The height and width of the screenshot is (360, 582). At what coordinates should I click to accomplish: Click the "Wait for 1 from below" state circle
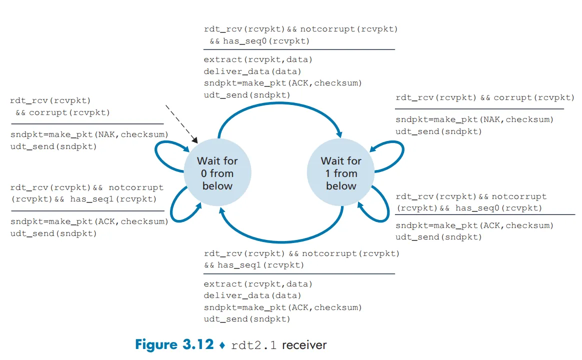coord(341,173)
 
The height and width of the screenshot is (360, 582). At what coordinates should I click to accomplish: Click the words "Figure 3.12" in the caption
coord(174,344)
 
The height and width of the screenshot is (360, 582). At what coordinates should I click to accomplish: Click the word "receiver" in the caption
coord(304,344)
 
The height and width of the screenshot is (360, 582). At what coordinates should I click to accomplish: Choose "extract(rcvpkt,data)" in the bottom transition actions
coord(258,284)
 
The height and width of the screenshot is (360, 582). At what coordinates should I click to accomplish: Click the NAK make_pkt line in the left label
coord(89,134)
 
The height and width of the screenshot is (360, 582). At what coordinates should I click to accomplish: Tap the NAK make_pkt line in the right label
coord(474,119)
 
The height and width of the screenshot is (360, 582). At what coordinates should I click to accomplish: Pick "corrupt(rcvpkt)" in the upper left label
coord(69,112)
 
